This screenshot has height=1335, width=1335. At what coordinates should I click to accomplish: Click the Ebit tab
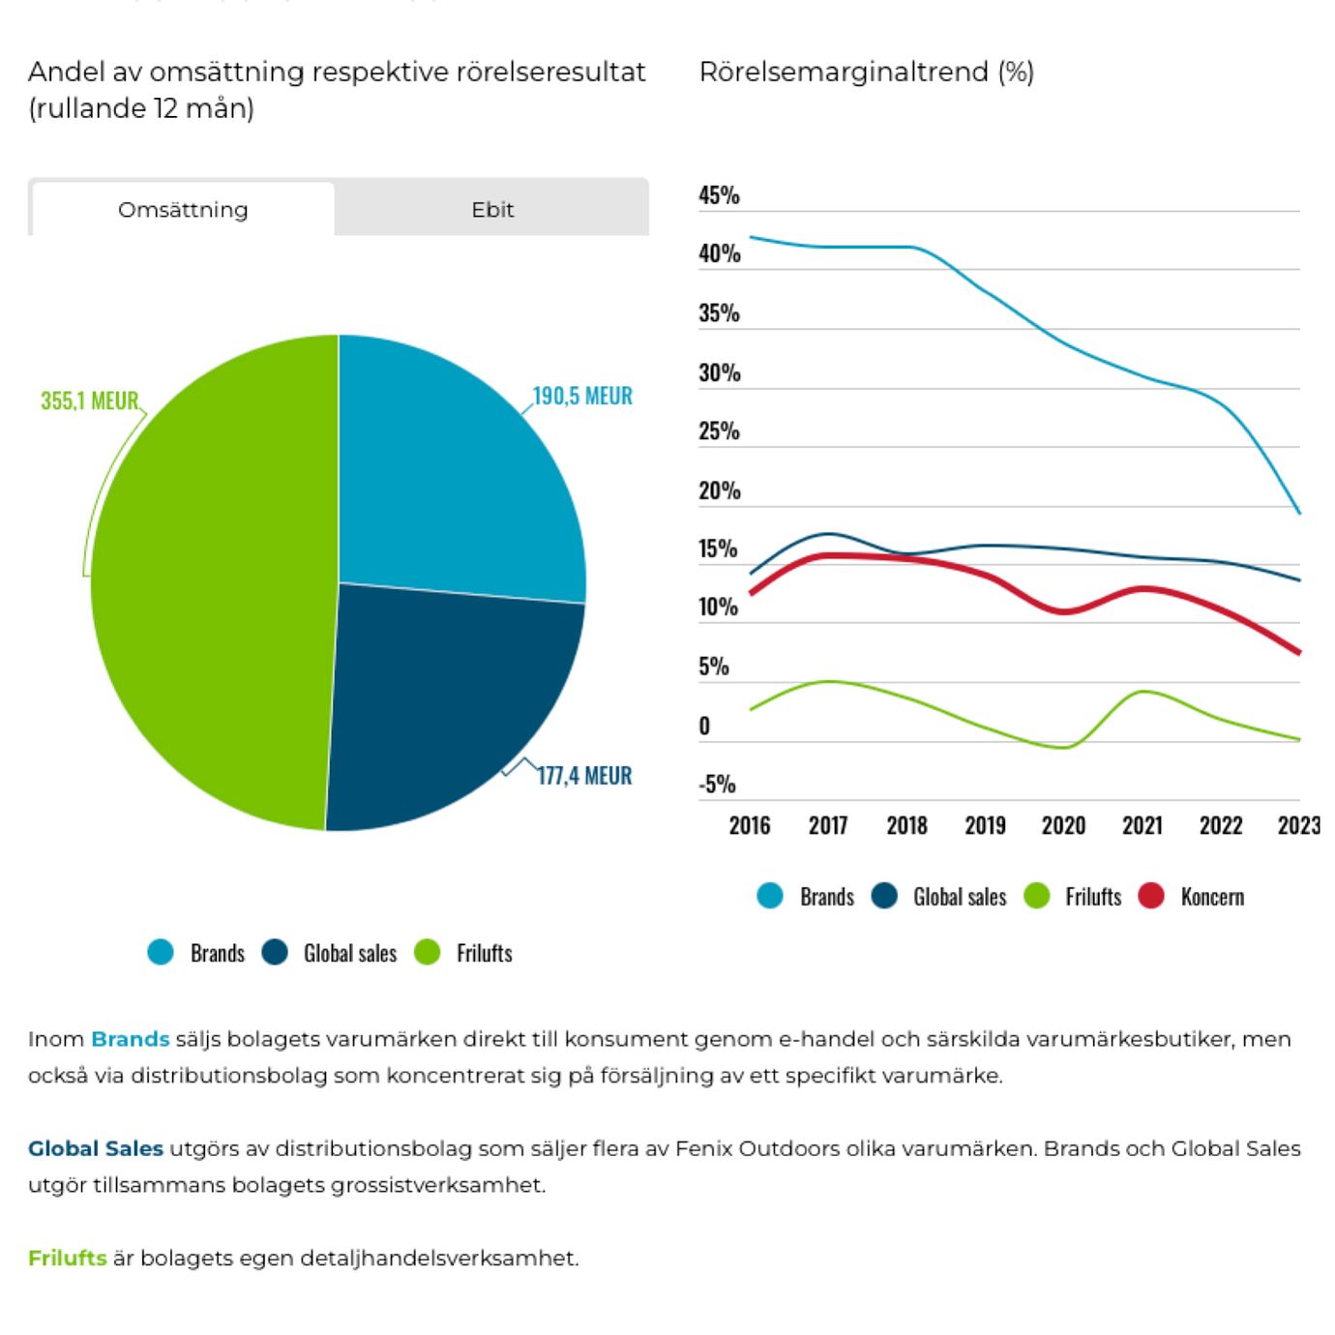492,209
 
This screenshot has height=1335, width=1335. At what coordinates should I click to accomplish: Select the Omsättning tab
183,209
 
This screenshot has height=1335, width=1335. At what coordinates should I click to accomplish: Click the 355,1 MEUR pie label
90,400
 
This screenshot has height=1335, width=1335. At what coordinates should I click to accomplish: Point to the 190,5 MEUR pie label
582,396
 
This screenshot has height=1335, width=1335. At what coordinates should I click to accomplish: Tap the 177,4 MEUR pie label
584,776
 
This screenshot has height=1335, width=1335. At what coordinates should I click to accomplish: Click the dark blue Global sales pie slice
445,697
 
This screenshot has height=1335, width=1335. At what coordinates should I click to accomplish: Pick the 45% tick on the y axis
719,195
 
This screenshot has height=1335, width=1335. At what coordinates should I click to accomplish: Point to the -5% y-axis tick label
717,784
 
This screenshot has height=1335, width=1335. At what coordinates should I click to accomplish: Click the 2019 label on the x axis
985,825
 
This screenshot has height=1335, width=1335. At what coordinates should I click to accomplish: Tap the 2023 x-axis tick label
1298,825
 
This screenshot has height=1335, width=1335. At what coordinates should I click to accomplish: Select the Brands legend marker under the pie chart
161,952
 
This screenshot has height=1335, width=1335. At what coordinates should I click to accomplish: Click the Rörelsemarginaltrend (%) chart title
866,73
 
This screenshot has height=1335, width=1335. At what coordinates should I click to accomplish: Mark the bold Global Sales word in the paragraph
95,1148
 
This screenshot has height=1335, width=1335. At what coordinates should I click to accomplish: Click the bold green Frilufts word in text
67,1258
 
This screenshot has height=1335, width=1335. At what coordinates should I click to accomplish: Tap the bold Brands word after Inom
130,1039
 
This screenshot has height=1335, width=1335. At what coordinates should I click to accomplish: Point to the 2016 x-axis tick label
750,825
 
